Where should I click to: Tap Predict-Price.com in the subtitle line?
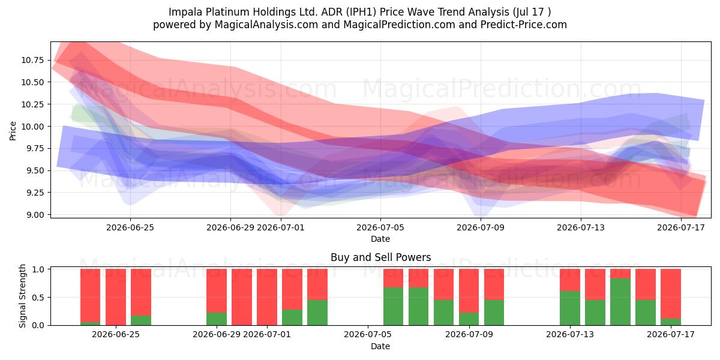click(524, 25)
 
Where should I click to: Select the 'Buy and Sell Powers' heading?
click(380, 257)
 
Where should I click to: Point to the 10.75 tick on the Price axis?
click(32, 60)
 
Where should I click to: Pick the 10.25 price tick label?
click(32, 104)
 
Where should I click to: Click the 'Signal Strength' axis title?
click(22, 296)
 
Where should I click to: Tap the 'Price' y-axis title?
click(13, 131)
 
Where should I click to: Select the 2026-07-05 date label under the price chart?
click(380, 227)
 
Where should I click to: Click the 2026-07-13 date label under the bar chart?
click(570, 334)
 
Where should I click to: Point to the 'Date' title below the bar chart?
click(380, 346)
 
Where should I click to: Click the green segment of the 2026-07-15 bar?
click(620, 302)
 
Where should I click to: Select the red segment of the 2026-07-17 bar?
click(671, 294)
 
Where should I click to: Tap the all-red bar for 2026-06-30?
click(242, 297)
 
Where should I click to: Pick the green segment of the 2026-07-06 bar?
click(394, 307)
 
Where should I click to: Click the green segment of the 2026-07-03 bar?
click(317, 313)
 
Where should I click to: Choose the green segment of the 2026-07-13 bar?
click(570, 308)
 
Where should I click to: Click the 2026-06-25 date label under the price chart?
click(130, 227)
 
